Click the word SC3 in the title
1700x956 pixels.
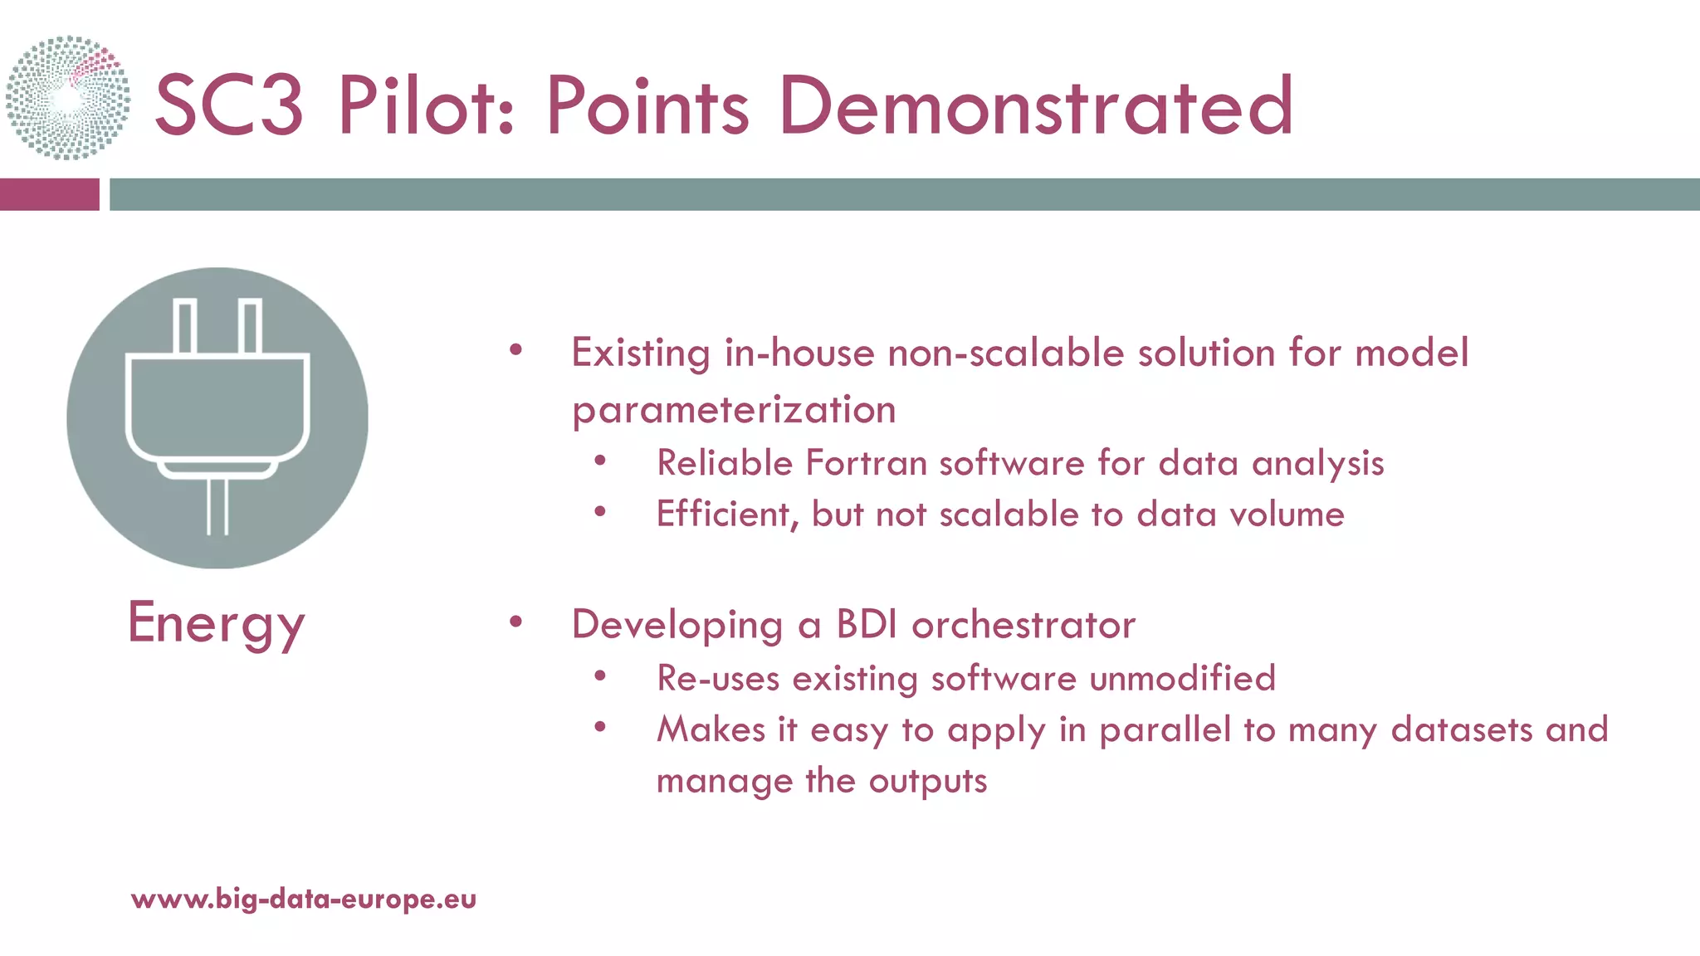tap(229, 106)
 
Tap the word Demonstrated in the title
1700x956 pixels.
tap(1036, 106)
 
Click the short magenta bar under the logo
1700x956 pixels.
tap(49, 194)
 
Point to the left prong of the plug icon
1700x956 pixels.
tap(185, 326)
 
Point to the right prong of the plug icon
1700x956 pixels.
tap(250, 326)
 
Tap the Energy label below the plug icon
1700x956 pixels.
tap(217, 624)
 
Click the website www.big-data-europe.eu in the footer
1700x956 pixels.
tap(304, 899)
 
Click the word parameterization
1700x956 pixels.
tap(734, 410)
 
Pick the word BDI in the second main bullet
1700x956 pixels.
tap(867, 624)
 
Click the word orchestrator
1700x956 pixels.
tap(1023, 624)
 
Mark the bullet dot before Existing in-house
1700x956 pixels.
tap(516, 349)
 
